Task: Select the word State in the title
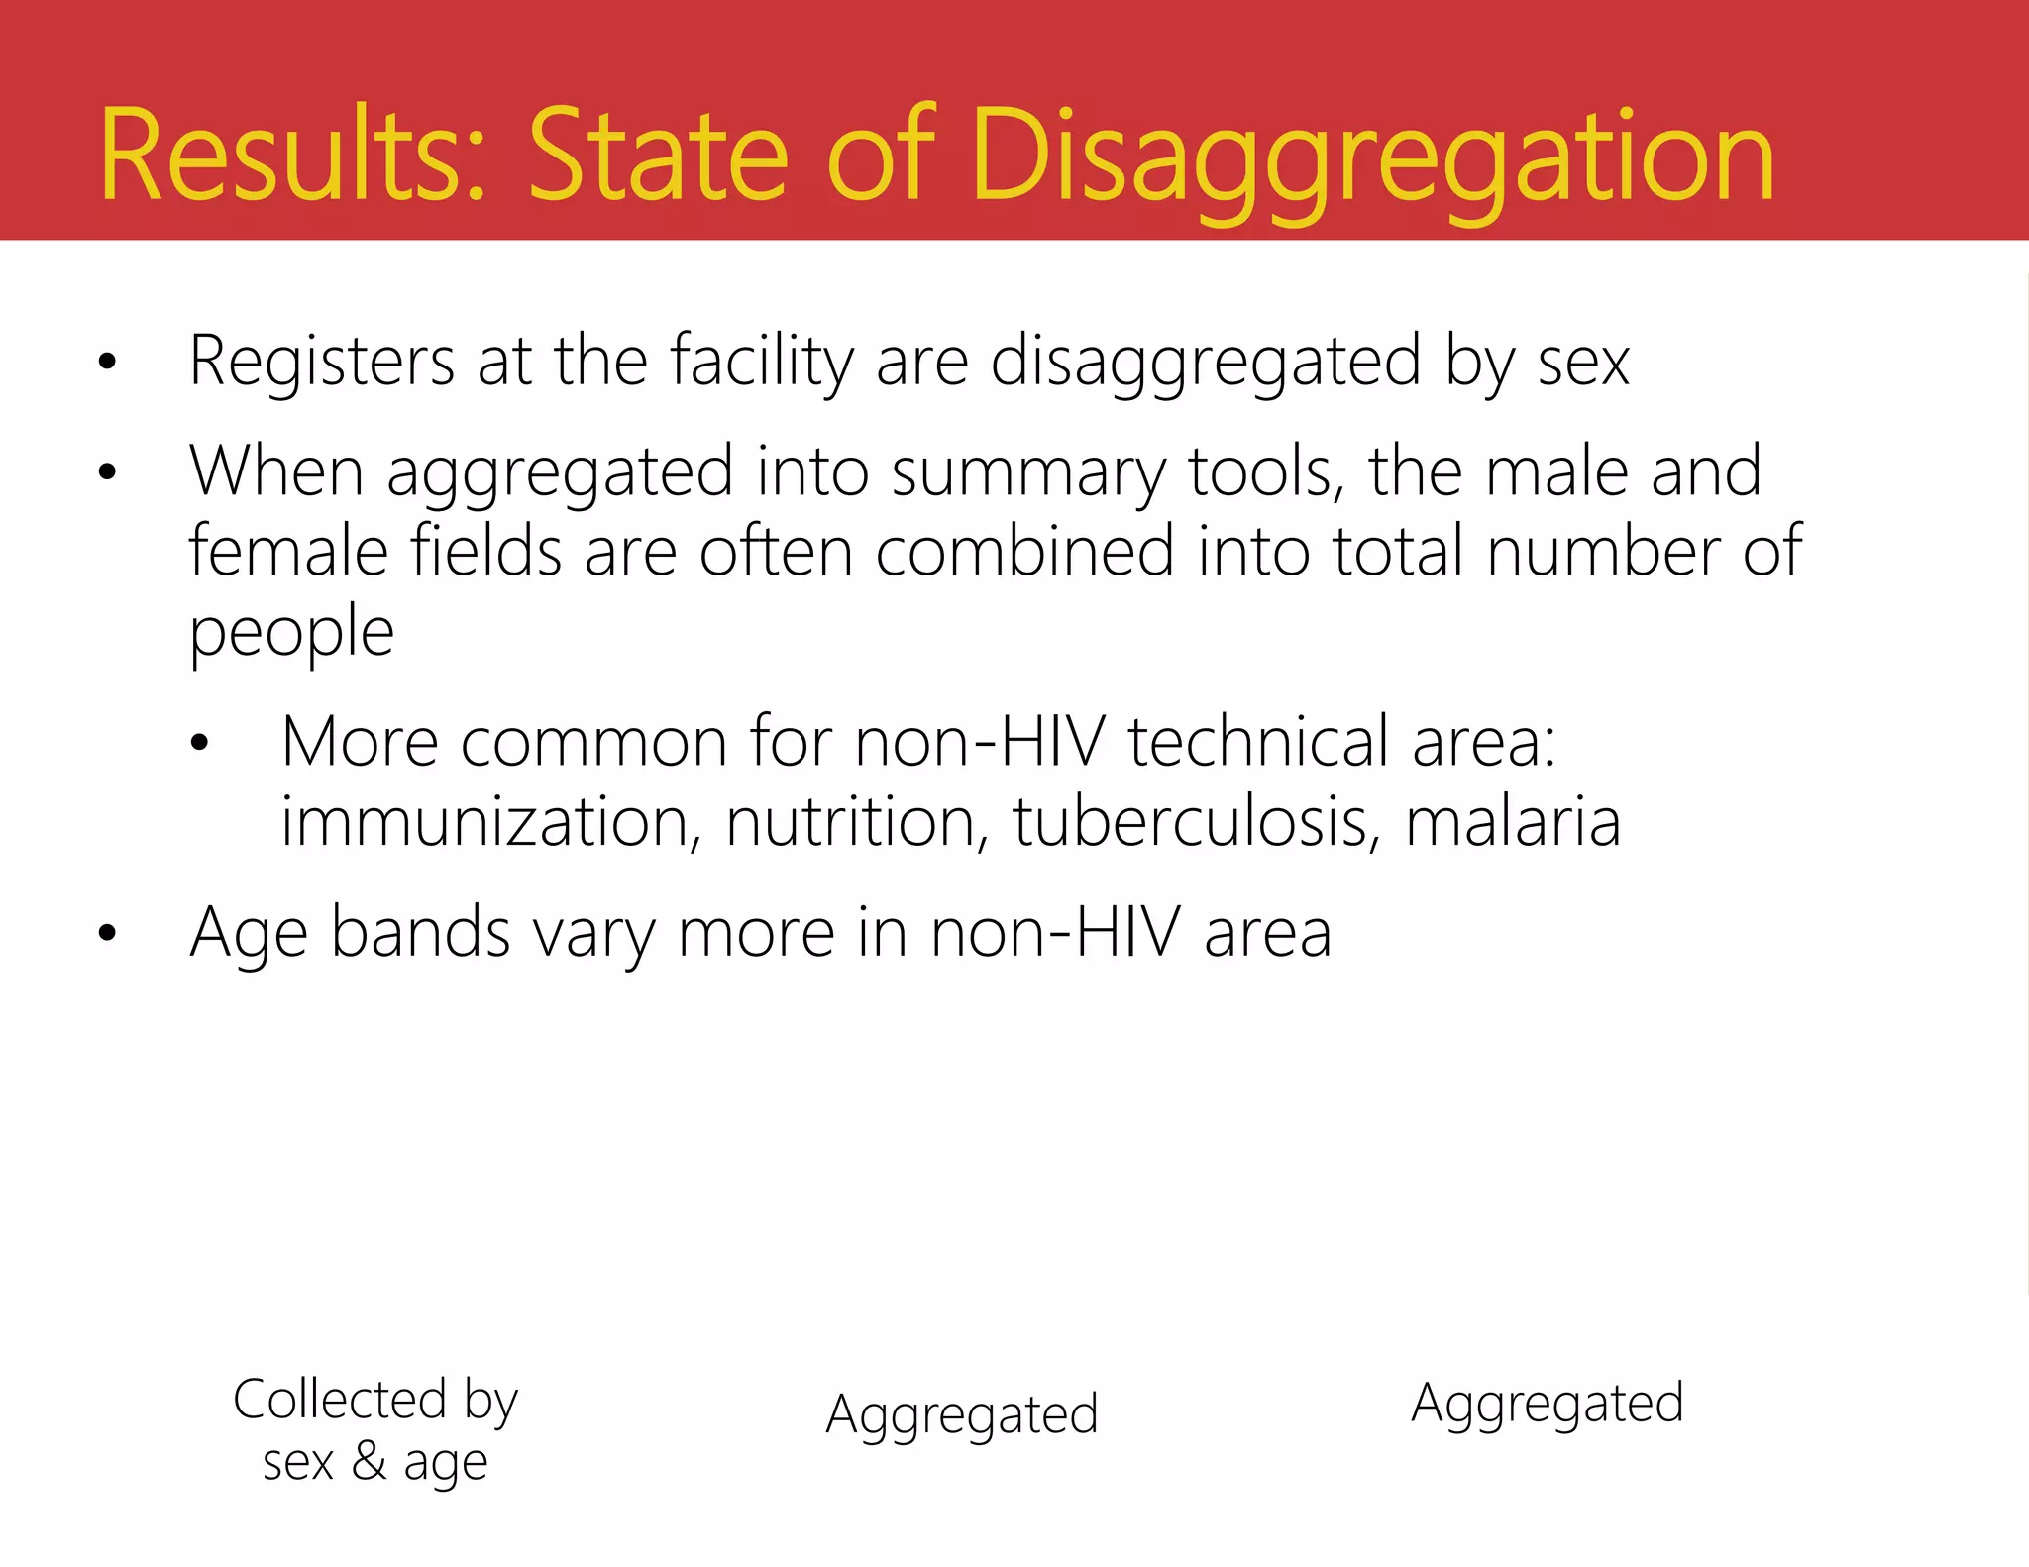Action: (x=658, y=157)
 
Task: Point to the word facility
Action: (x=762, y=363)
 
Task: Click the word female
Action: (x=288, y=551)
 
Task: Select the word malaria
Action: (x=1513, y=822)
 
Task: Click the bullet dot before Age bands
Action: (x=107, y=933)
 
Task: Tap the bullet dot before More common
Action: (x=199, y=743)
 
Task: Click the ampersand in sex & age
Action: (x=369, y=1460)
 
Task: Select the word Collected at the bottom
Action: (x=340, y=1400)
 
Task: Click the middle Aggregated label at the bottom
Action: (x=962, y=1414)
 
